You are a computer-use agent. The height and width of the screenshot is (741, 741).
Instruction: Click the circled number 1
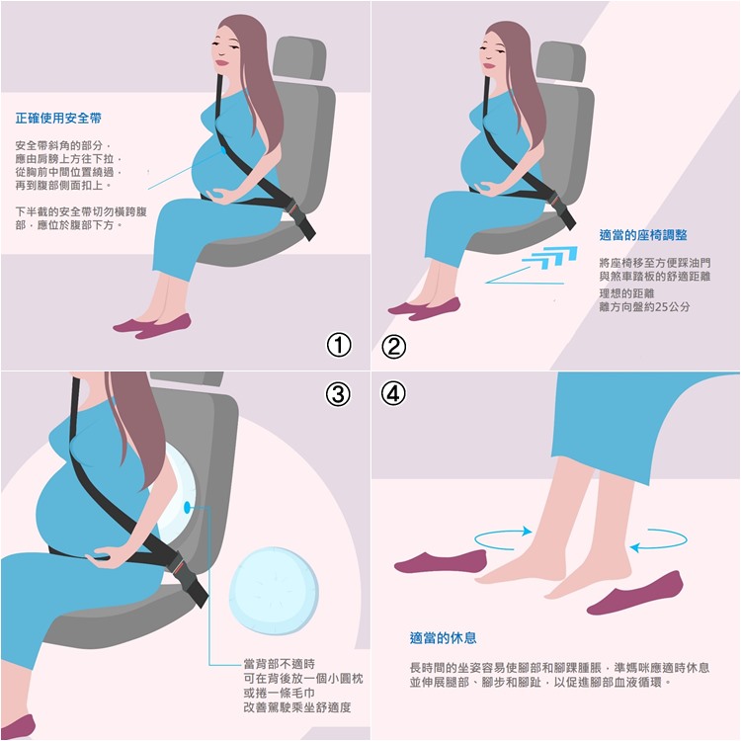pyautogui.click(x=339, y=345)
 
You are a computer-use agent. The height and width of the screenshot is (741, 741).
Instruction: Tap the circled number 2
pyautogui.click(x=393, y=347)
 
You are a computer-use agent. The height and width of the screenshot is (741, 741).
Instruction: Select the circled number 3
pyautogui.click(x=338, y=393)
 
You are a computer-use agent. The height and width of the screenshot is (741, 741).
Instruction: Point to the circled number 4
pyautogui.click(x=393, y=392)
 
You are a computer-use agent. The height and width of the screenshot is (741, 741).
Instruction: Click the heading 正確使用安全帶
pyautogui.click(x=58, y=119)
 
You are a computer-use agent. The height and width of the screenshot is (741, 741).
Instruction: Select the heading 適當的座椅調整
pyautogui.click(x=643, y=235)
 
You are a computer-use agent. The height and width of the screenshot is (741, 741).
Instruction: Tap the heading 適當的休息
pyautogui.click(x=444, y=638)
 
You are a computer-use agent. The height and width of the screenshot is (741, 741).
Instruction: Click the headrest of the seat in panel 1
pyautogui.click(x=299, y=58)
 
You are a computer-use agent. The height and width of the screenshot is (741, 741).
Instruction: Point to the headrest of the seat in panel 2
pyautogui.click(x=561, y=62)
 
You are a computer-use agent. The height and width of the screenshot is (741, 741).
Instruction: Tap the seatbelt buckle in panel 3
pyautogui.click(x=188, y=578)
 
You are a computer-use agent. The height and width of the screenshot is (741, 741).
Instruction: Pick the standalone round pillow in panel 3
pyautogui.click(x=274, y=591)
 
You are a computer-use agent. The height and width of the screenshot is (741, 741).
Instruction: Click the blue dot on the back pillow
pyautogui.click(x=187, y=507)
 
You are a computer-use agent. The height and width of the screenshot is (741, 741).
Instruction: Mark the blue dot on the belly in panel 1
pyautogui.click(x=222, y=150)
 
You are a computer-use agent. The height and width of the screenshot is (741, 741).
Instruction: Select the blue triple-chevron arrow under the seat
pyautogui.click(x=550, y=257)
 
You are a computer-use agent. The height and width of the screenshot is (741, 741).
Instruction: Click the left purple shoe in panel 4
pyautogui.click(x=441, y=562)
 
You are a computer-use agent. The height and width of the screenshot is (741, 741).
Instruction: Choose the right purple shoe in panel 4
pyautogui.click(x=635, y=593)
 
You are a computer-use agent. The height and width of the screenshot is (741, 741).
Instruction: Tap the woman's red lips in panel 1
pyautogui.click(x=221, y=62)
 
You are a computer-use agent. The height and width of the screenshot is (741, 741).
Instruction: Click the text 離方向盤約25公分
pyautogui.click(x=644, y=306)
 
